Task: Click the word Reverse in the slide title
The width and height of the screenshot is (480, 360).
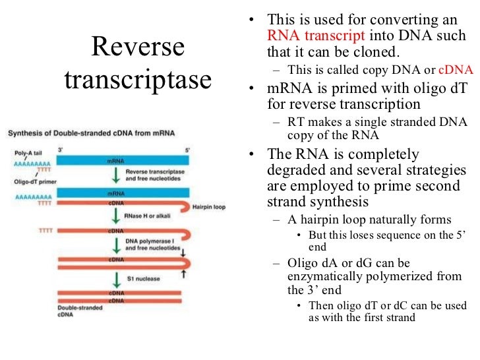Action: tap(138, 46)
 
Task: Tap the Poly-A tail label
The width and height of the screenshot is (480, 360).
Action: tap(27, 152)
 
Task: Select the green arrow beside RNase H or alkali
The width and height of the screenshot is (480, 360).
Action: tap(116, 218)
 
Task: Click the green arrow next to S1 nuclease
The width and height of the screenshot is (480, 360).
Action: tap(116, 278)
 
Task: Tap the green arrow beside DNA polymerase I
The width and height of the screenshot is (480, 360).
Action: tap(116, 246)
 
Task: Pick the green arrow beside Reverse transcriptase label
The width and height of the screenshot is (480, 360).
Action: tap(116, 175)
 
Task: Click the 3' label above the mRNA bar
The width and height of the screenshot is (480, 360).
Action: tap(60, 150)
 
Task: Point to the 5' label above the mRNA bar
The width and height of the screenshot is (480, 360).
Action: tap(187, 150)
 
